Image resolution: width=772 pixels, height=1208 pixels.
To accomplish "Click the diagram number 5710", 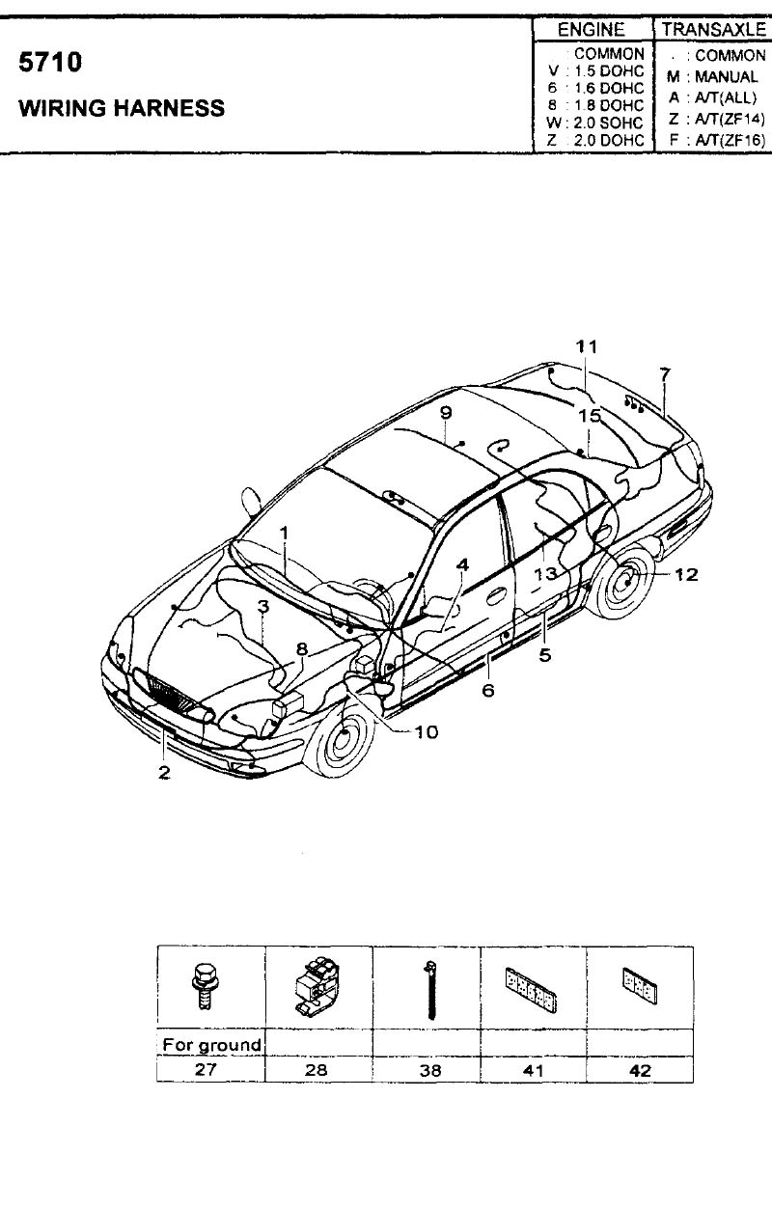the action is click(50, 62).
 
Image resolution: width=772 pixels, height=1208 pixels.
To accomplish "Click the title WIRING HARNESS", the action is click(122, 108).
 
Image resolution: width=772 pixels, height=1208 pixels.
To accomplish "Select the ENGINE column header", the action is click(592, 30).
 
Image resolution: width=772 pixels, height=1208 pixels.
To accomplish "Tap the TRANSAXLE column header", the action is click(714, 30).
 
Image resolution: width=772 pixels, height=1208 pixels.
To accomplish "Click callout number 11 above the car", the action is click(587, 346).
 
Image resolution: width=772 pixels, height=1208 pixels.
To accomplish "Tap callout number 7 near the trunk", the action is click(665, 373).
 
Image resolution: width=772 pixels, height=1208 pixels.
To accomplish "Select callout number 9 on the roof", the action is click(446, 413).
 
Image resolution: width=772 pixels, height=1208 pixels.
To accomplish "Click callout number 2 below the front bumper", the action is click(164, 773).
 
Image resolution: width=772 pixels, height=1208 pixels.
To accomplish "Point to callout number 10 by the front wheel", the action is click(427, 731).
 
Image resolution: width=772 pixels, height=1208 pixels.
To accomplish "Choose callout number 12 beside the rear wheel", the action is click(686, 574).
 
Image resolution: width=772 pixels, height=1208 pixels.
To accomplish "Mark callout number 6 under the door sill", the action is click(488, 690).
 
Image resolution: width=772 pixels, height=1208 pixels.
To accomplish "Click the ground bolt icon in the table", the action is click(203, 989).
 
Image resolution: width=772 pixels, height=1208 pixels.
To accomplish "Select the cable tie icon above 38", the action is click(430, 990).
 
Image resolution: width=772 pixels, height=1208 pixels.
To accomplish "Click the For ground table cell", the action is click(211, 1045).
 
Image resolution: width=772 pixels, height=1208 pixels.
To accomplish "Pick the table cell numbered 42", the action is click(640, 1070).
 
